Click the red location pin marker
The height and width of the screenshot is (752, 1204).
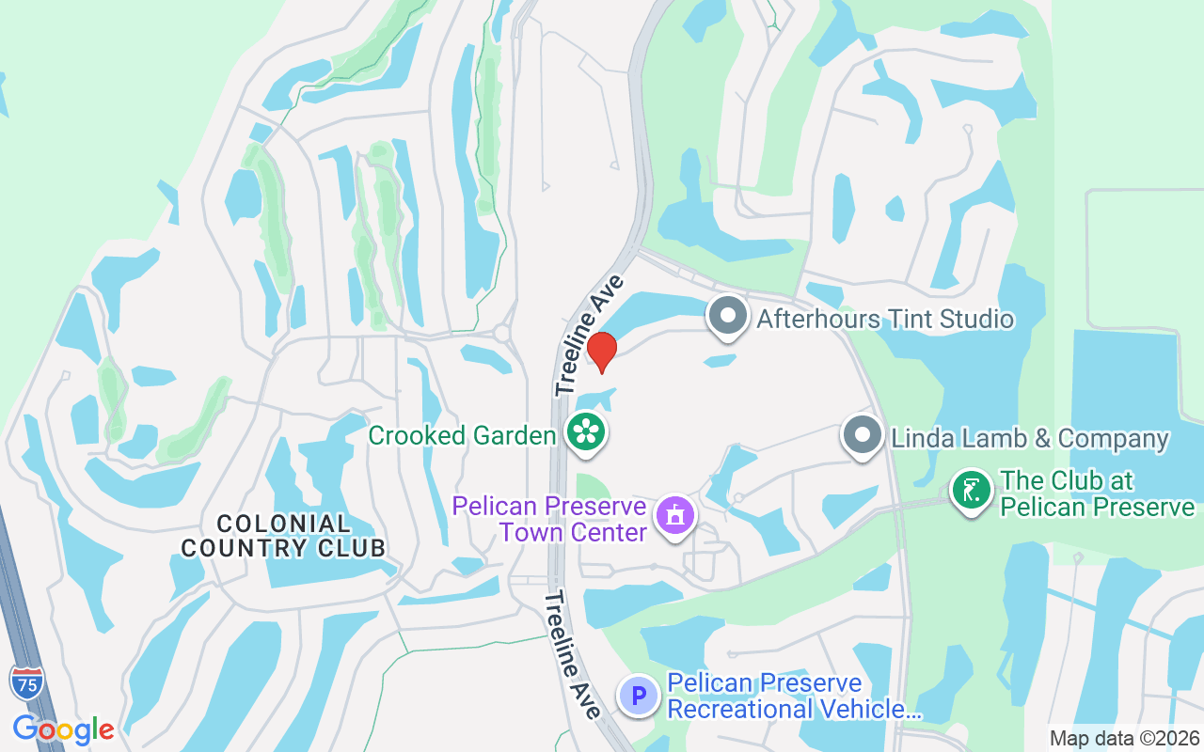pos(601,352)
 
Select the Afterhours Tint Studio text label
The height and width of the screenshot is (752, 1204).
pos(885,319)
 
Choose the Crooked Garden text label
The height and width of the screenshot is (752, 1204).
pos(462,435)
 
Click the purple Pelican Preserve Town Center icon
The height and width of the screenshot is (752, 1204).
pos(674,516)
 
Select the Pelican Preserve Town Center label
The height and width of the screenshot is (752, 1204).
pos(550,519)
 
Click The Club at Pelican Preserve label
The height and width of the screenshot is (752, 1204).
pos(1097,493)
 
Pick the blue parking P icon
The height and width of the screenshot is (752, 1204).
pos(639,697)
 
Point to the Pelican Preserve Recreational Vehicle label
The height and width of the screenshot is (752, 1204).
pos(793,696)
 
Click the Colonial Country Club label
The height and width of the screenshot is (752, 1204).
pos(283,536)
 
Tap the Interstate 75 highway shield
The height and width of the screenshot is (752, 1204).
pos(26,683)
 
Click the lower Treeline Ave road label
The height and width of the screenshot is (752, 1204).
pos(572,654)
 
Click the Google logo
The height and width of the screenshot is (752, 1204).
pos(63,728)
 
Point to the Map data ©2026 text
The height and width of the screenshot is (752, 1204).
pos(1124,738)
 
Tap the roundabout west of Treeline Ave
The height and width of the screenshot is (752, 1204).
pos(501,333)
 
